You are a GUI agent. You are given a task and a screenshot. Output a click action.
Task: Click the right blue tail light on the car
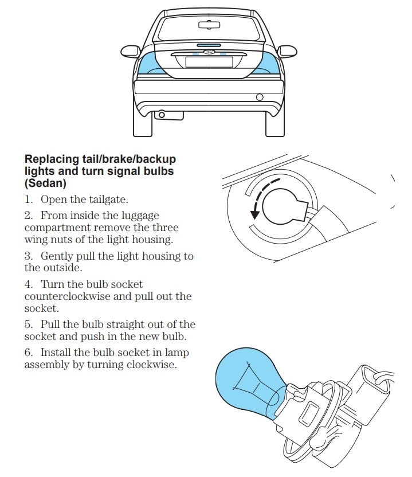coord(267,64)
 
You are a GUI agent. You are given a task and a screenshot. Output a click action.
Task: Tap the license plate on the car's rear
coord(209,61)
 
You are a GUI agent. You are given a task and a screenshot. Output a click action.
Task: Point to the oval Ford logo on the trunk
coord(209,52)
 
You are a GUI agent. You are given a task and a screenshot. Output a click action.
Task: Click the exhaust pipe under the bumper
coord(162,115)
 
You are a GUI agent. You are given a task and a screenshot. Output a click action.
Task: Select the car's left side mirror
coord(130,51)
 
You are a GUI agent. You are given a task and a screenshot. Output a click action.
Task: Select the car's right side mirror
coord(288,51)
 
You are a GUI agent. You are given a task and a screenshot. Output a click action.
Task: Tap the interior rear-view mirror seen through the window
coord(209,25)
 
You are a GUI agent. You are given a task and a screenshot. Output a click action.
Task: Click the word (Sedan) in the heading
coord(45,183)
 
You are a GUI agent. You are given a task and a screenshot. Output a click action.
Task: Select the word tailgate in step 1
coord(109,200)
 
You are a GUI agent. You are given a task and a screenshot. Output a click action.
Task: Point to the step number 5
coord(28,324)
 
